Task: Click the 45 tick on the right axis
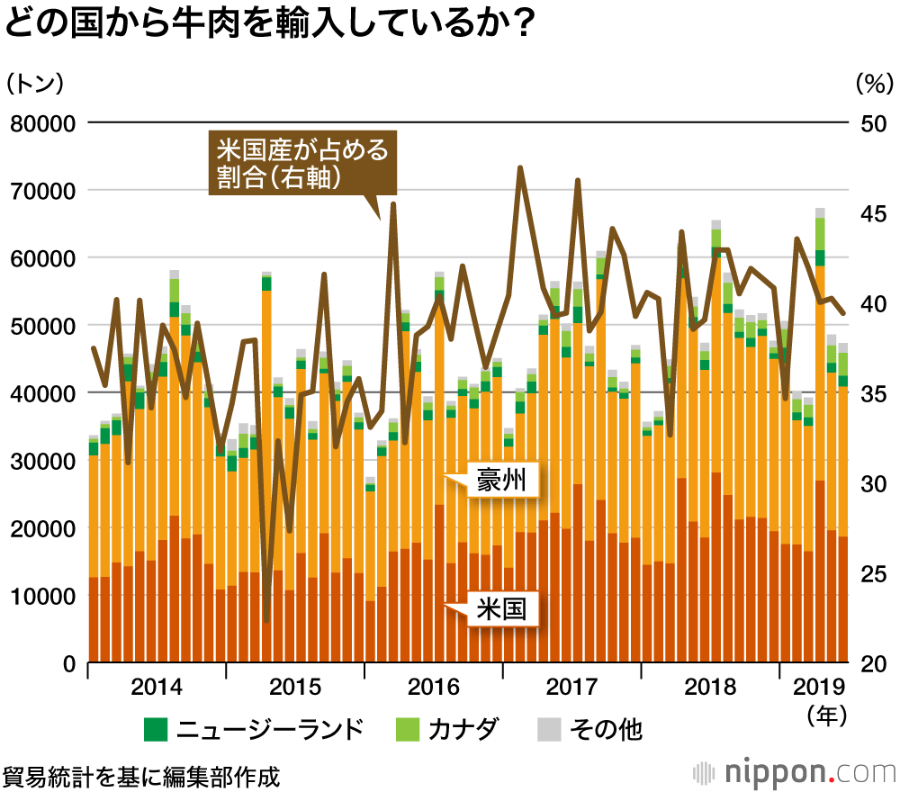[x=872, y=213]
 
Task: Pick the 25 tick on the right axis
[x=872, y=573]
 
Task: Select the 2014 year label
[x=157, y=688]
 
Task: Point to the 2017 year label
[x=572, y=688]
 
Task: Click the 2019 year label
[x=820, y=688]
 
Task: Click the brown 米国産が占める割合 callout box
[x=301, y=163]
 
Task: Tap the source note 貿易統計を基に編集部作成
[x=141, y=774]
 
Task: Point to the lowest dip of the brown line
[x=267, y=620]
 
